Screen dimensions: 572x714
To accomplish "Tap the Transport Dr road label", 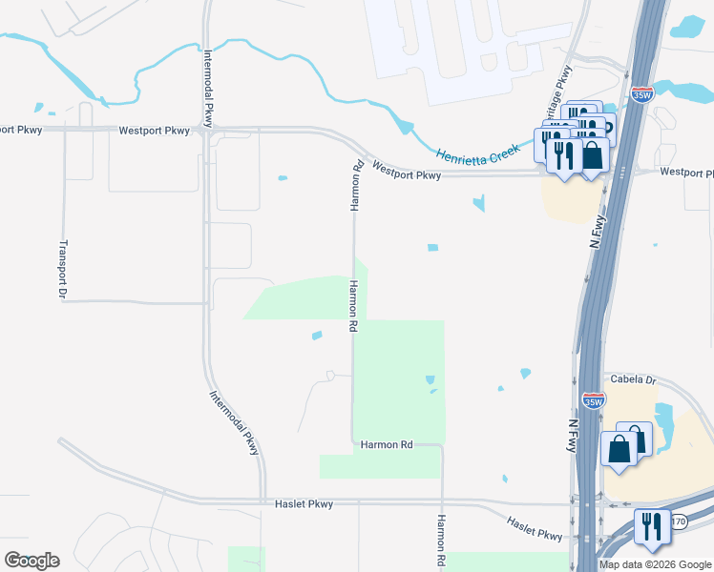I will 62,269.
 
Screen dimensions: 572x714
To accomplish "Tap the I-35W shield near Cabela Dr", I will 593,400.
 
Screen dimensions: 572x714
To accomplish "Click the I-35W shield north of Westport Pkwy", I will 641,95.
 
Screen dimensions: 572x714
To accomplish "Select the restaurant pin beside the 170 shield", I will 653,527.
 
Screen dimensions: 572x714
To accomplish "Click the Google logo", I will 31,561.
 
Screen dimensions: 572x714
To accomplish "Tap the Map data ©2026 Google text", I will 656,564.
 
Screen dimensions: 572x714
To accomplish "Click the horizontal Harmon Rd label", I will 386,444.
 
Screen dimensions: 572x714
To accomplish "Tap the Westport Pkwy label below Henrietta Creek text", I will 407,170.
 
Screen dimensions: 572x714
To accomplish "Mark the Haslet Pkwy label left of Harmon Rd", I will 304,503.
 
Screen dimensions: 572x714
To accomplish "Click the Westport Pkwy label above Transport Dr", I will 155,130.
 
